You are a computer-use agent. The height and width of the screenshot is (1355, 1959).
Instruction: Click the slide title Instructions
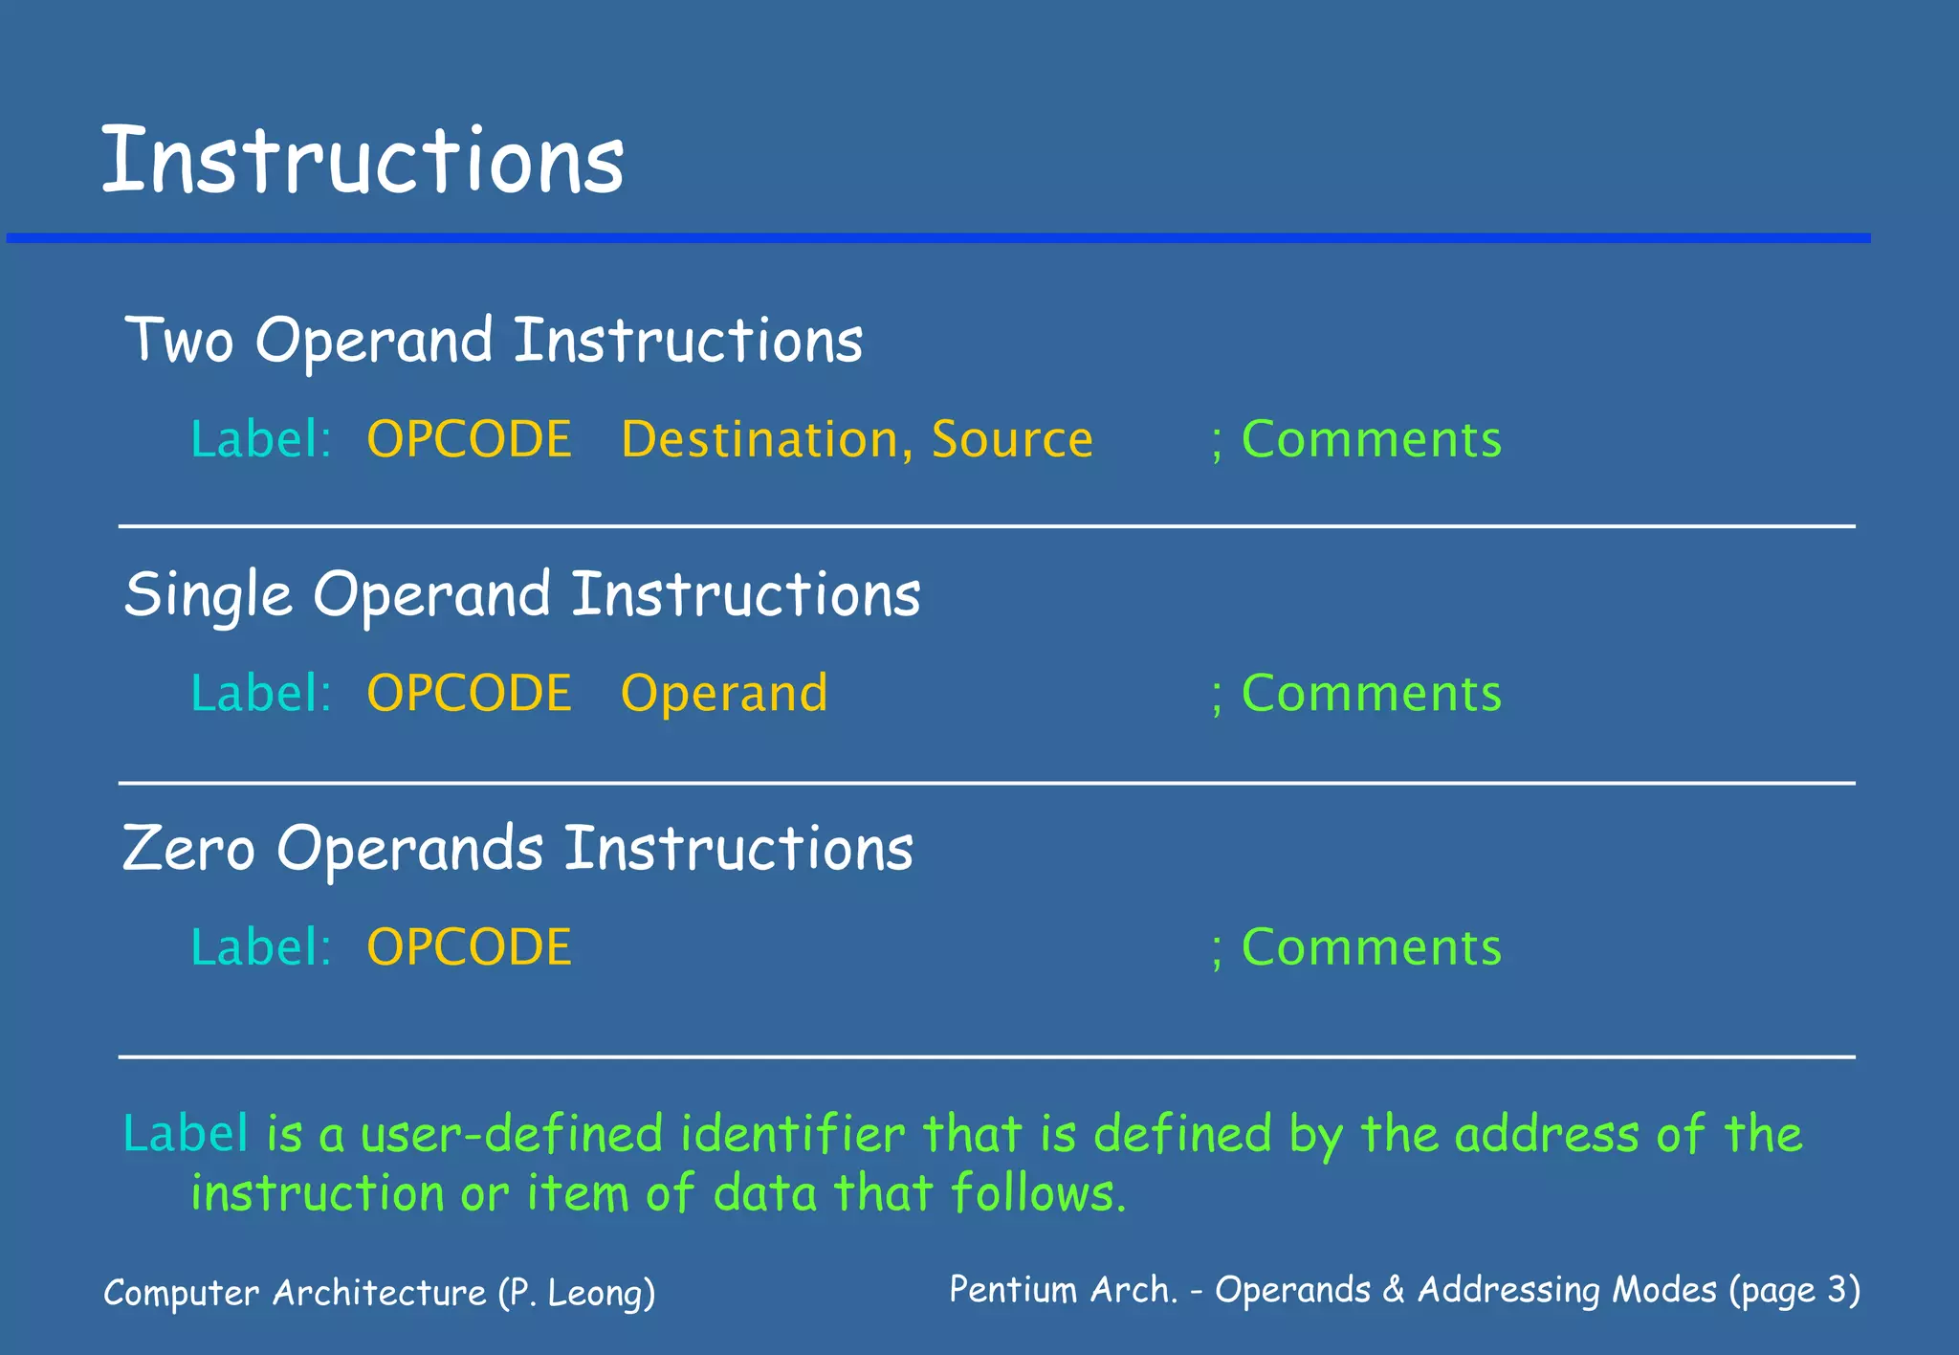point(362,161)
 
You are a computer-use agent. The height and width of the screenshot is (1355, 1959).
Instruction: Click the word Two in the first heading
point(180,341)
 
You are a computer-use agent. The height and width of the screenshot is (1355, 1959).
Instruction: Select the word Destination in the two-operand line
point(759,439)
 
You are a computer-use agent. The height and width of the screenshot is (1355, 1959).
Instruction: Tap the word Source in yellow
point(1012,439)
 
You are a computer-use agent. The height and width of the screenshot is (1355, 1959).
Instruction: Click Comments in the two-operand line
point(1371,439)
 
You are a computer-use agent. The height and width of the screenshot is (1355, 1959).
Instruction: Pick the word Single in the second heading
point(208,595)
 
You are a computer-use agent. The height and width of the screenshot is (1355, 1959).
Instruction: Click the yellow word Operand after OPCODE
point(724,694)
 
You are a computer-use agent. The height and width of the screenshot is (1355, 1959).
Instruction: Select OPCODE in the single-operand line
point(469,693)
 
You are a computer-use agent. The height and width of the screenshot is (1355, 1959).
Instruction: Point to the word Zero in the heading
point(188,849)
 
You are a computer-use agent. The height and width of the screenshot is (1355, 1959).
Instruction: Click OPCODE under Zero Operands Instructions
point(469,947)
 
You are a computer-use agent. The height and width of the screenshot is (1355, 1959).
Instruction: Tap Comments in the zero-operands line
point(1371,947)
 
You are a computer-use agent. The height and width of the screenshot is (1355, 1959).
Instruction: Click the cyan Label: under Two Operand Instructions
point(260,439)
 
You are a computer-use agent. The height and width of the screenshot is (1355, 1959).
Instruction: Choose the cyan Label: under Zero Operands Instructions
point(260,947)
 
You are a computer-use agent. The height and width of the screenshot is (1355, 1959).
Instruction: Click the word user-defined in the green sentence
point(512,1134)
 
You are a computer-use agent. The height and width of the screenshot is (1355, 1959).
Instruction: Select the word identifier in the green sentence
point(792,1134)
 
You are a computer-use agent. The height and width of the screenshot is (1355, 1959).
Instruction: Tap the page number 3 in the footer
point(1836,1290)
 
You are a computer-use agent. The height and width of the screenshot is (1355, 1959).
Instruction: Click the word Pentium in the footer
point(1013,1290)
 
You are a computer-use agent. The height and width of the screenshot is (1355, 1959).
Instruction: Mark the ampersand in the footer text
point(1394,1290)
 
